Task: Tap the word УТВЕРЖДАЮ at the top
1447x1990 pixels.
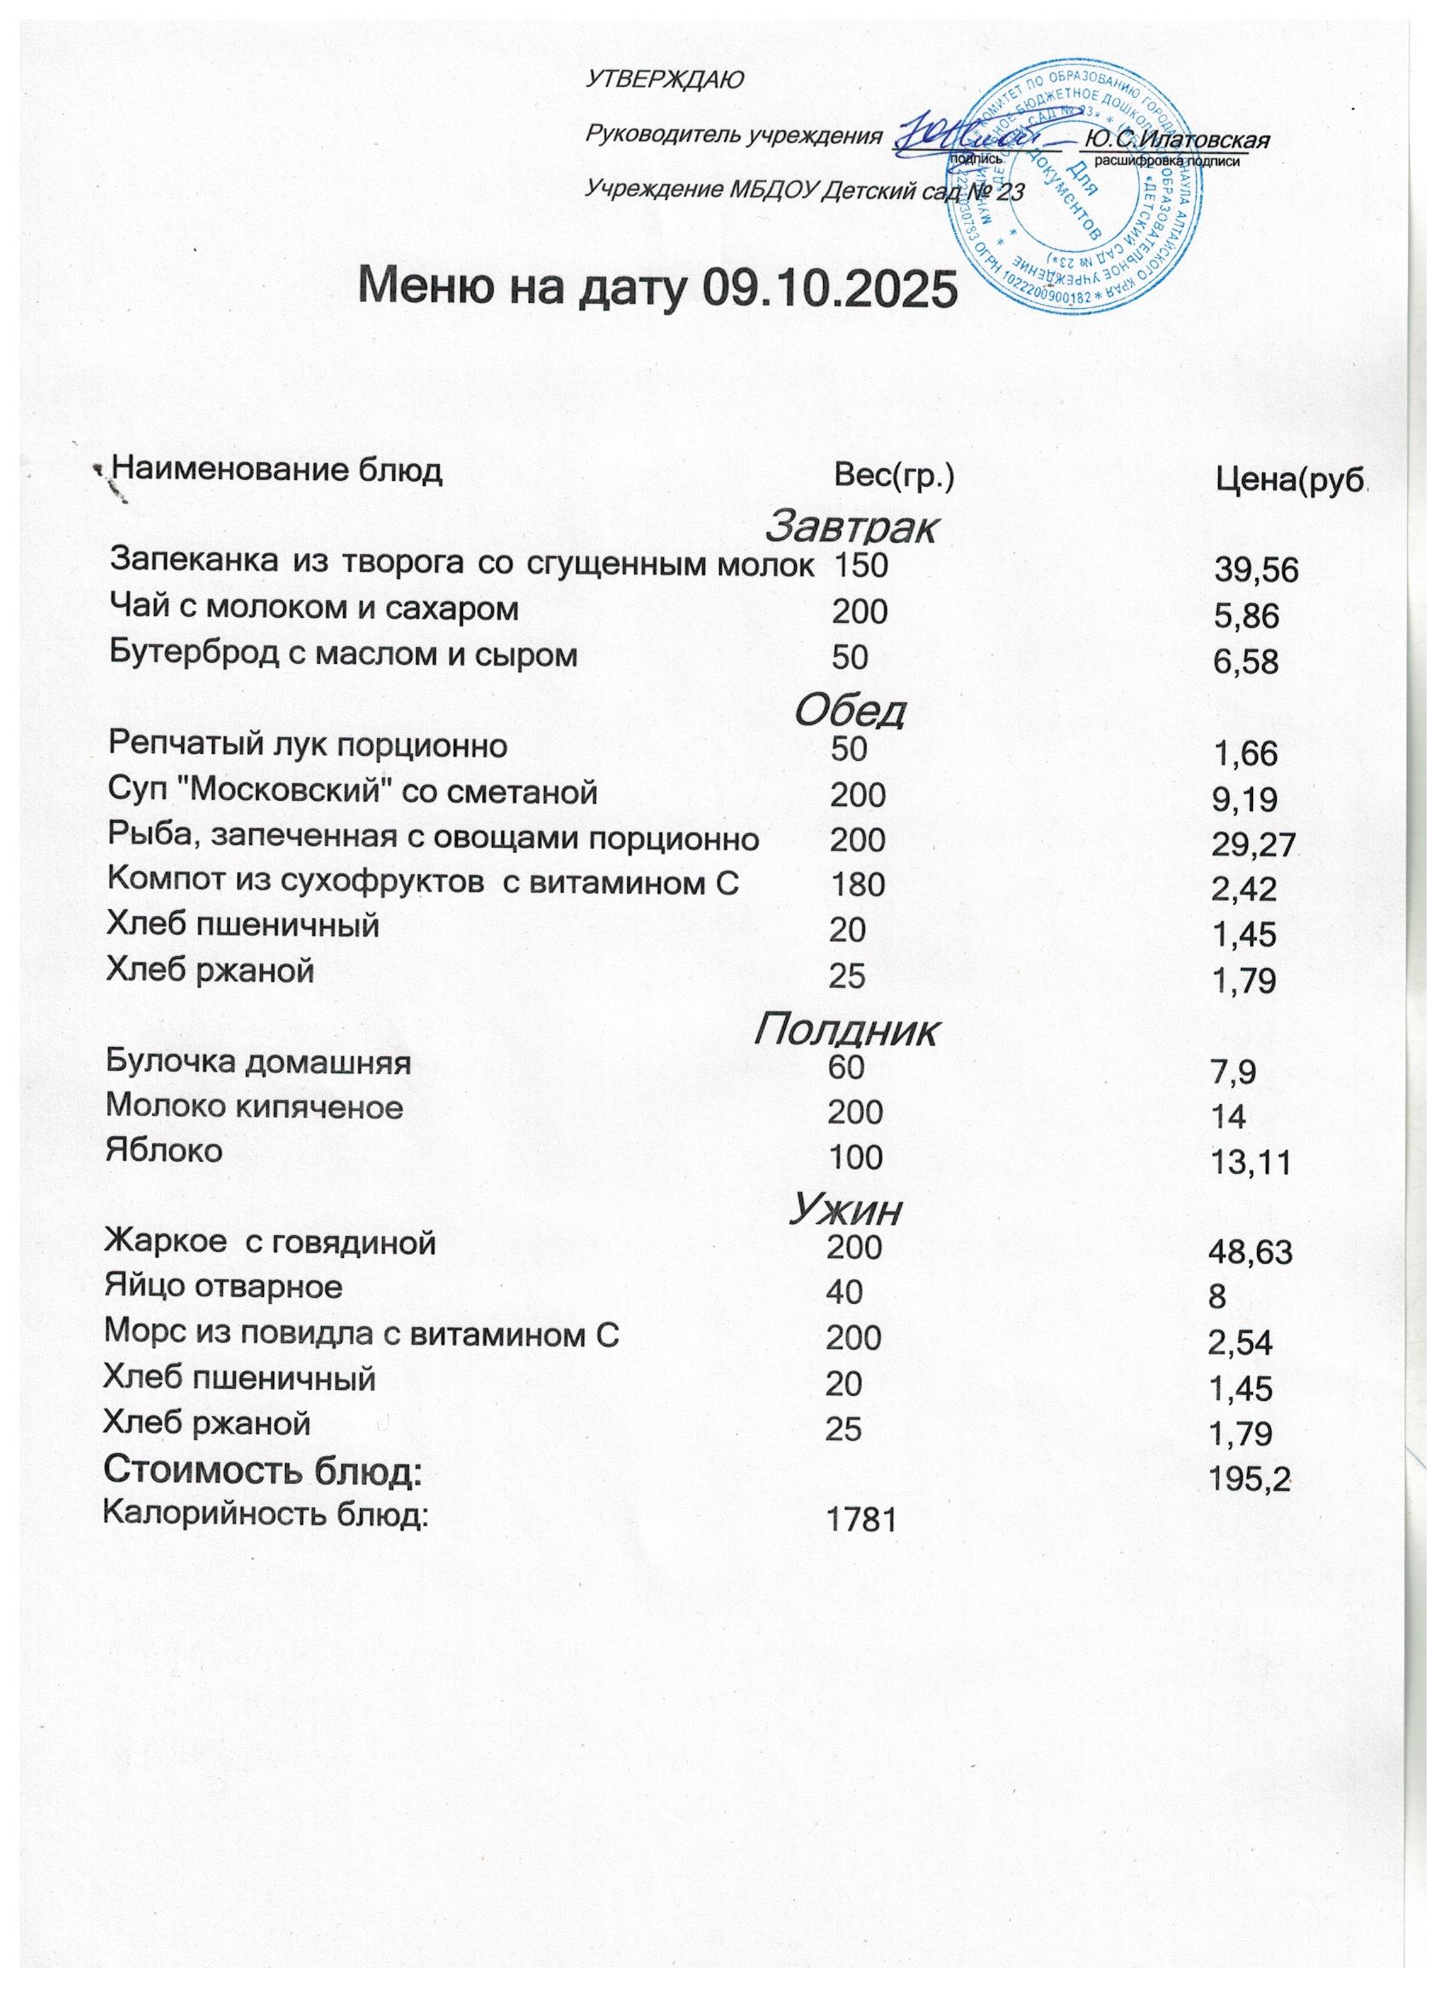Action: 663,80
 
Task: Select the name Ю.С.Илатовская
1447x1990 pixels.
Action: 1179,140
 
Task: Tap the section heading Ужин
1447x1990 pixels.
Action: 844,1211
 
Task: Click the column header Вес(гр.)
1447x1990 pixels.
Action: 892,477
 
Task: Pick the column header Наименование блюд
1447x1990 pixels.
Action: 278,472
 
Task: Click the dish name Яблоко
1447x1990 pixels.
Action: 164,1150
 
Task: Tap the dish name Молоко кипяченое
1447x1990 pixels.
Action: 255,1107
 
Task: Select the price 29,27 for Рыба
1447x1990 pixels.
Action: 1253,846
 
